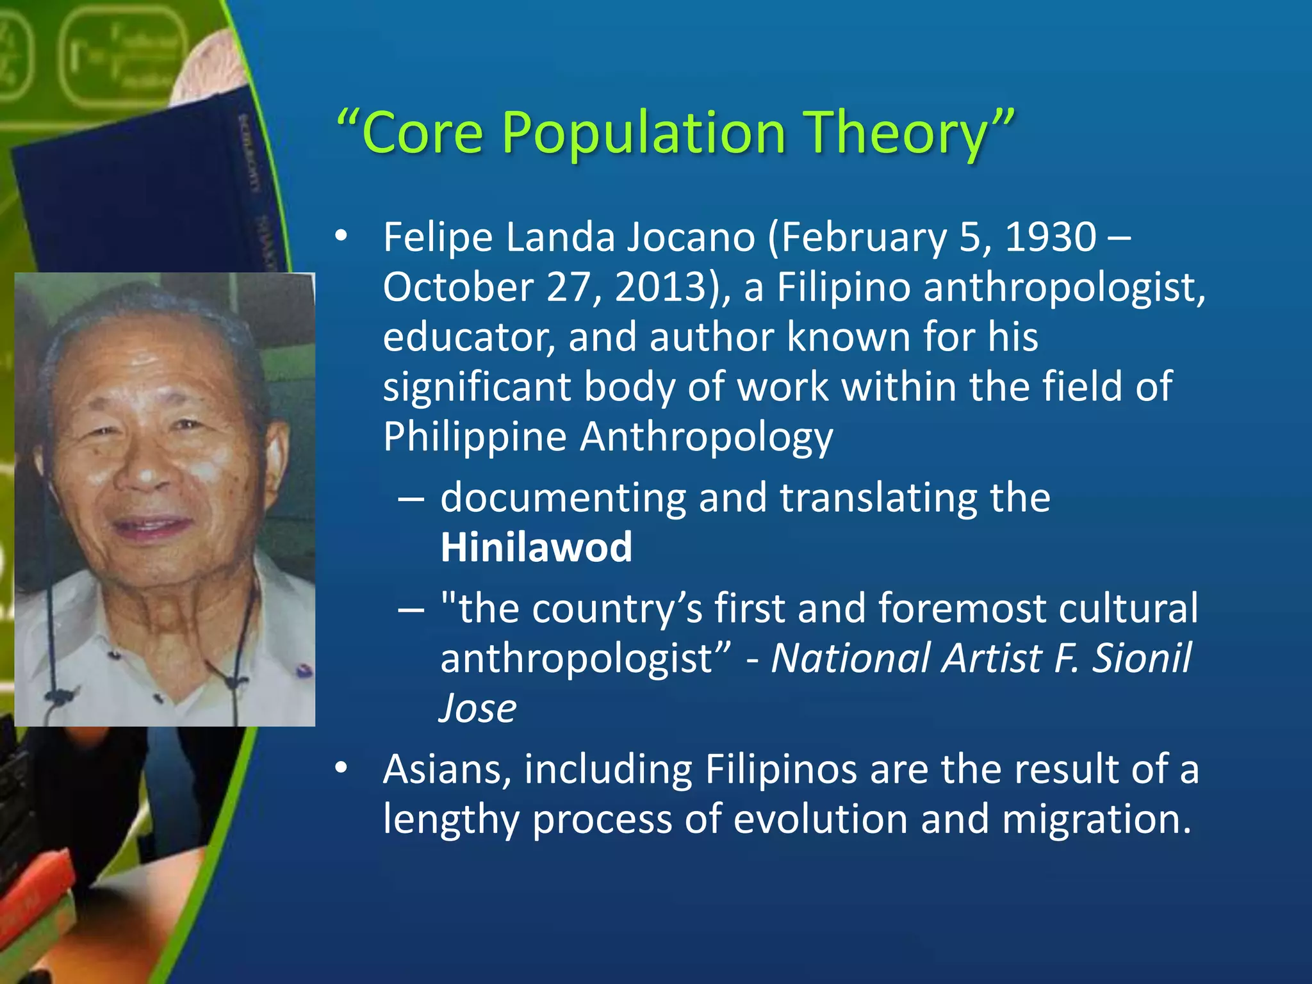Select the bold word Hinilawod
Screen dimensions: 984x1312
(536, 548)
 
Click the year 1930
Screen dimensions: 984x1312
(1051, 237)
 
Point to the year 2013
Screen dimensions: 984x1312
(660, 287)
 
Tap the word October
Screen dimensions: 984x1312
(458, 287)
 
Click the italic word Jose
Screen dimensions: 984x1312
(478, 709)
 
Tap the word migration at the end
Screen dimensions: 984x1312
(1096, 819)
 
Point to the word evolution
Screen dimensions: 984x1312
(821, 819)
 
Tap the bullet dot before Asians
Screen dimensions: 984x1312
(341, 767)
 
